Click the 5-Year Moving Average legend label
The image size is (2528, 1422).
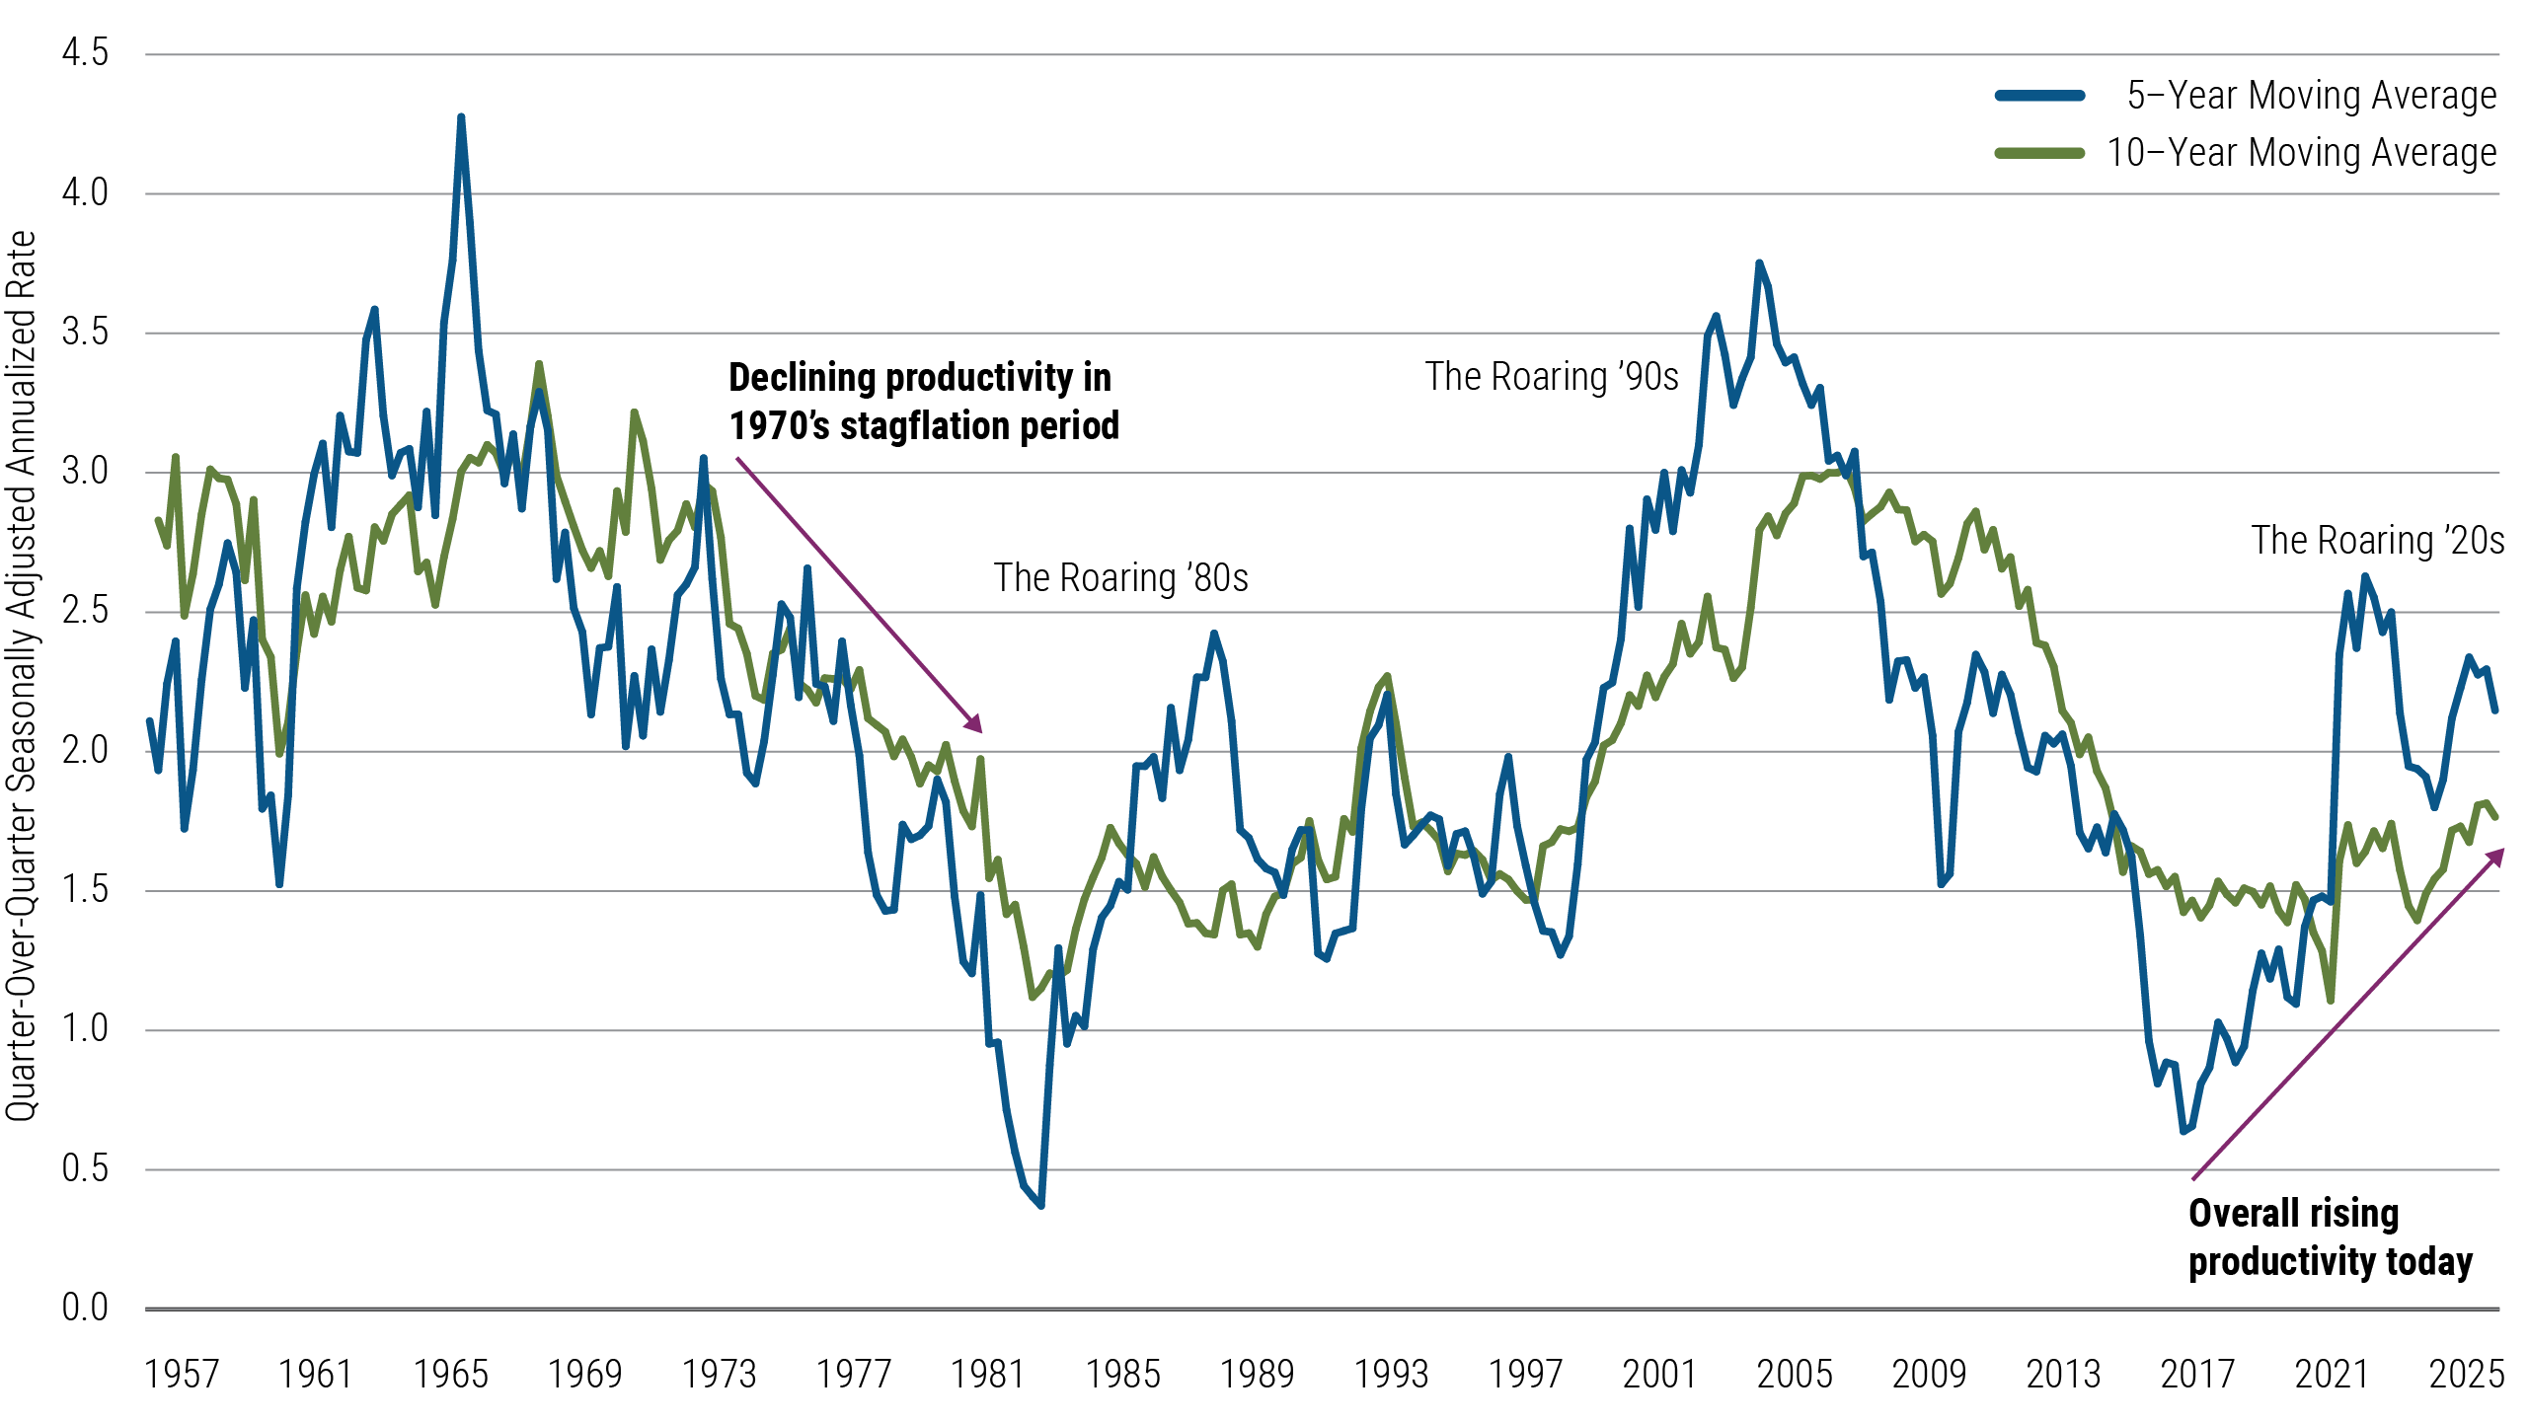coord(2311,96)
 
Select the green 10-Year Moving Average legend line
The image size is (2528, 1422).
coord(2039,153)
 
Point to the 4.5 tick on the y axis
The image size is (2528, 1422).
coord(85,52)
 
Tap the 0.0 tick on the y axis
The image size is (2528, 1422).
coord(85,1308)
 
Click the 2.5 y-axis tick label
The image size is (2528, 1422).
coord(85,610)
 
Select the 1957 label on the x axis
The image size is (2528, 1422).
coord(181,1375)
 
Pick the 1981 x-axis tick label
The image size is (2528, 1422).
coord(987,1375)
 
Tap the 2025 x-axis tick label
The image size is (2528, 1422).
coord(2466,1375)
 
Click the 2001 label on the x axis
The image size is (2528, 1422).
coord(1659,1375)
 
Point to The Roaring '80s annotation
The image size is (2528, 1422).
coord(1120,578)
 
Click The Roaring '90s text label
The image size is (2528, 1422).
coord(1551,377)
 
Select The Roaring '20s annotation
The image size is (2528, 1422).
coord(2377,541)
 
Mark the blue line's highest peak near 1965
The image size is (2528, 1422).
coord(461,117)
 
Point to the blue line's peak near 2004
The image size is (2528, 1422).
coord(1759,263)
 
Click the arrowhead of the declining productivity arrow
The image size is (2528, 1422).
coord(976,726)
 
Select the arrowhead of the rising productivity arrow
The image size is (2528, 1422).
coord(2497,855)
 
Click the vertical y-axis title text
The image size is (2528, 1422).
coord(22,676)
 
